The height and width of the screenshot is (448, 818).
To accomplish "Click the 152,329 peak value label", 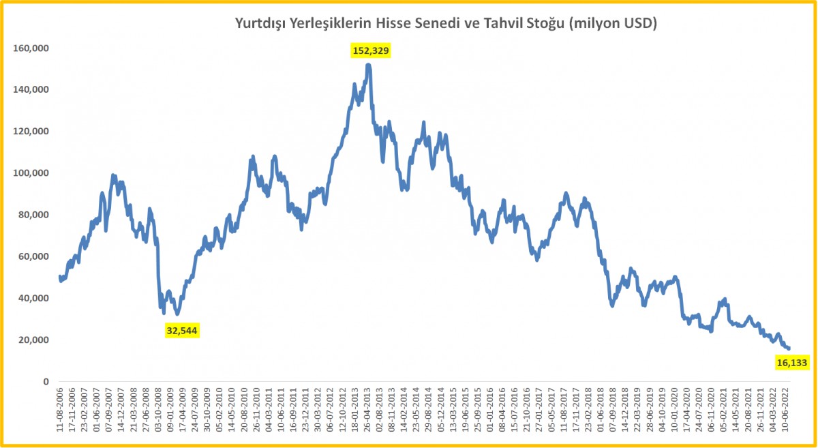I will (371, 50).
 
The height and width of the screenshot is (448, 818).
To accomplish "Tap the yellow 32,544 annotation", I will (182, 331).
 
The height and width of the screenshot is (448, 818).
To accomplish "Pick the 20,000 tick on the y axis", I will (33, 340).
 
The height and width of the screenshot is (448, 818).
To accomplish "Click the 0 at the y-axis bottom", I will (46, 381).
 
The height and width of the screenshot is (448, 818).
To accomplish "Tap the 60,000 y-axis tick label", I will (33, 256).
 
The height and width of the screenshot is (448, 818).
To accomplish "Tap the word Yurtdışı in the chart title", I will (259, 24).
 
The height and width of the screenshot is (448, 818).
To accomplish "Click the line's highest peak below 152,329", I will (368, 65).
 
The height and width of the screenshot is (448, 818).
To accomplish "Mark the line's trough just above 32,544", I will (164, 312).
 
